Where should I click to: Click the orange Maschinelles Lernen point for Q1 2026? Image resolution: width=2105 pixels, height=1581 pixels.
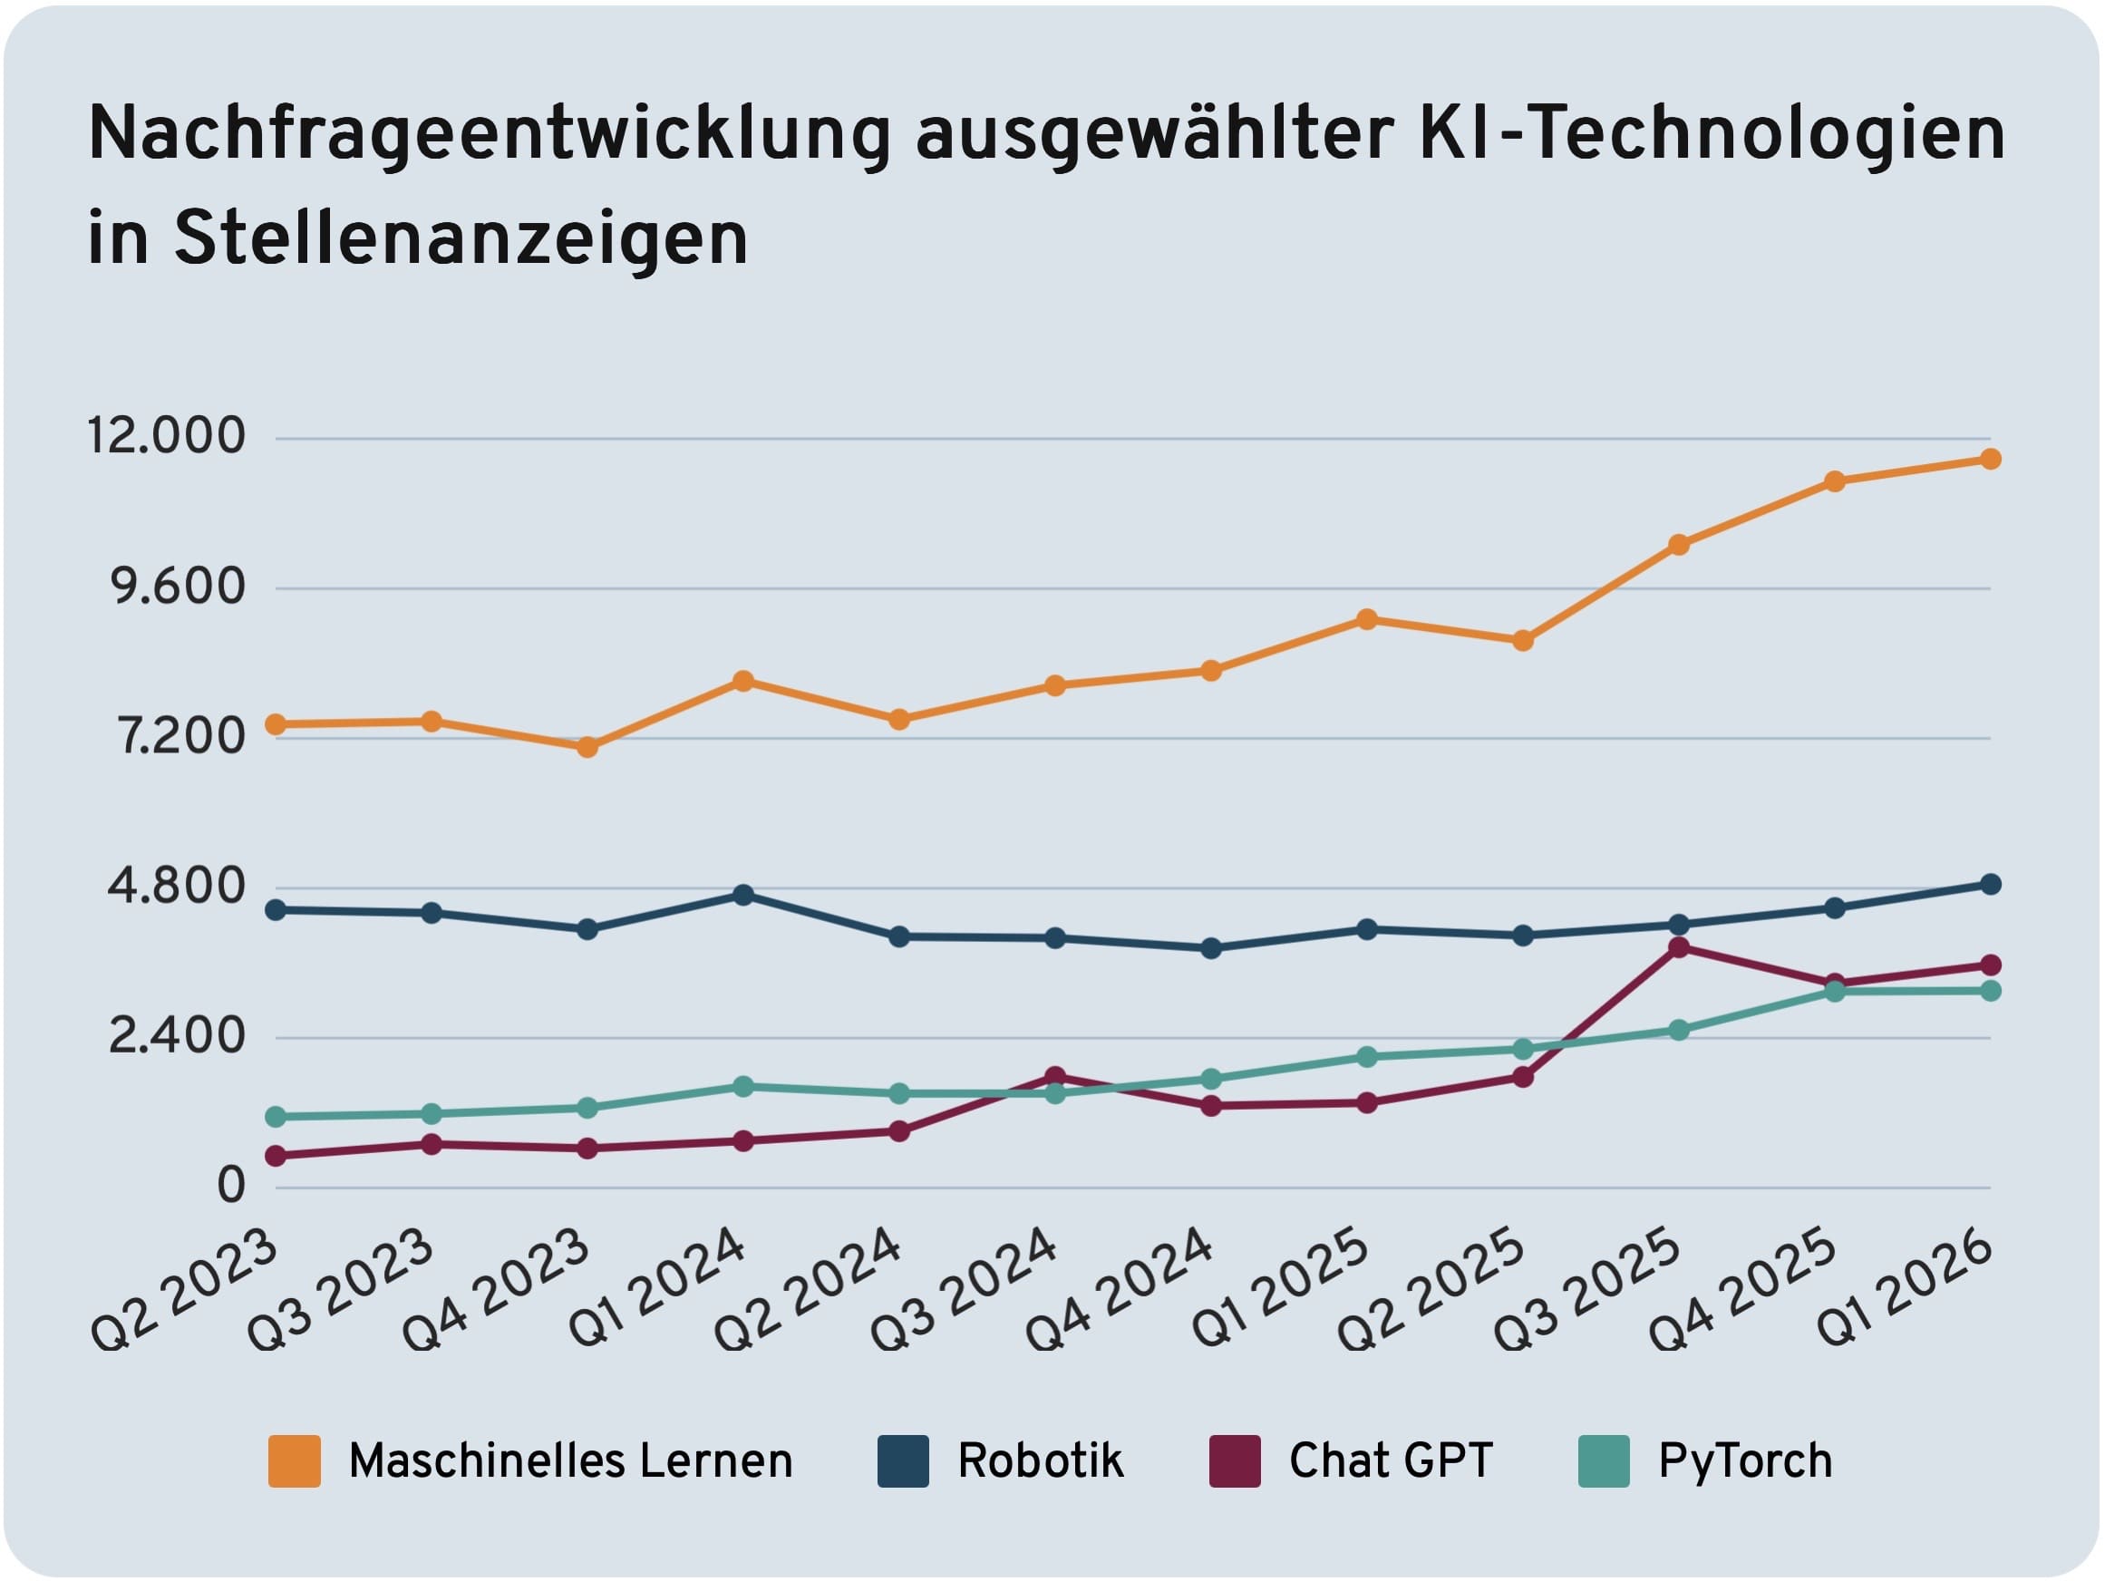click(x=1990, y=459)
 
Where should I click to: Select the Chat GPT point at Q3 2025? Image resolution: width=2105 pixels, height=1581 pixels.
click(x=1679, y=947)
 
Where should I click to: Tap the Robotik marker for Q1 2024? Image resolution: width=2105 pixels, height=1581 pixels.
click(x=744, y=895)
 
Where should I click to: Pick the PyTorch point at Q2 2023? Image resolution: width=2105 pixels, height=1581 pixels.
click(x=275, y=1117)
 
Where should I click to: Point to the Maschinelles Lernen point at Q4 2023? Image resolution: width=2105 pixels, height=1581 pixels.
click(x=588, y=746)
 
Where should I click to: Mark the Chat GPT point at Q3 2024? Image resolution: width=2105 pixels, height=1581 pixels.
click(x=1054, y=1077)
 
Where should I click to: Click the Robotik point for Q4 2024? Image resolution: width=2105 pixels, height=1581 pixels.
click(x=1211, y=948)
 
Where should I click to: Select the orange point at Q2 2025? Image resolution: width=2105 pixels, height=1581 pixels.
click(x=1523, y=641)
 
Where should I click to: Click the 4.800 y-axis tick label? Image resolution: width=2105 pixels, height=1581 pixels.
click(x=177, y=887)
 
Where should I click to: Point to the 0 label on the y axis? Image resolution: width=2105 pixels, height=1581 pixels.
click(x=231, y=1186)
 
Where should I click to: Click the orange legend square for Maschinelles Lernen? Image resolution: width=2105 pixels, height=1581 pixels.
click(x=294, y=1461)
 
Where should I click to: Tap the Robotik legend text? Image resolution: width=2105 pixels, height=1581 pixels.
click(x=1040, y=1461)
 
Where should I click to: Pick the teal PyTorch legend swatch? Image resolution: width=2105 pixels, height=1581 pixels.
click(x=1604, y=1461)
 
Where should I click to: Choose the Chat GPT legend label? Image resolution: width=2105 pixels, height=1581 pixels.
click(x=1391, y=1461)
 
